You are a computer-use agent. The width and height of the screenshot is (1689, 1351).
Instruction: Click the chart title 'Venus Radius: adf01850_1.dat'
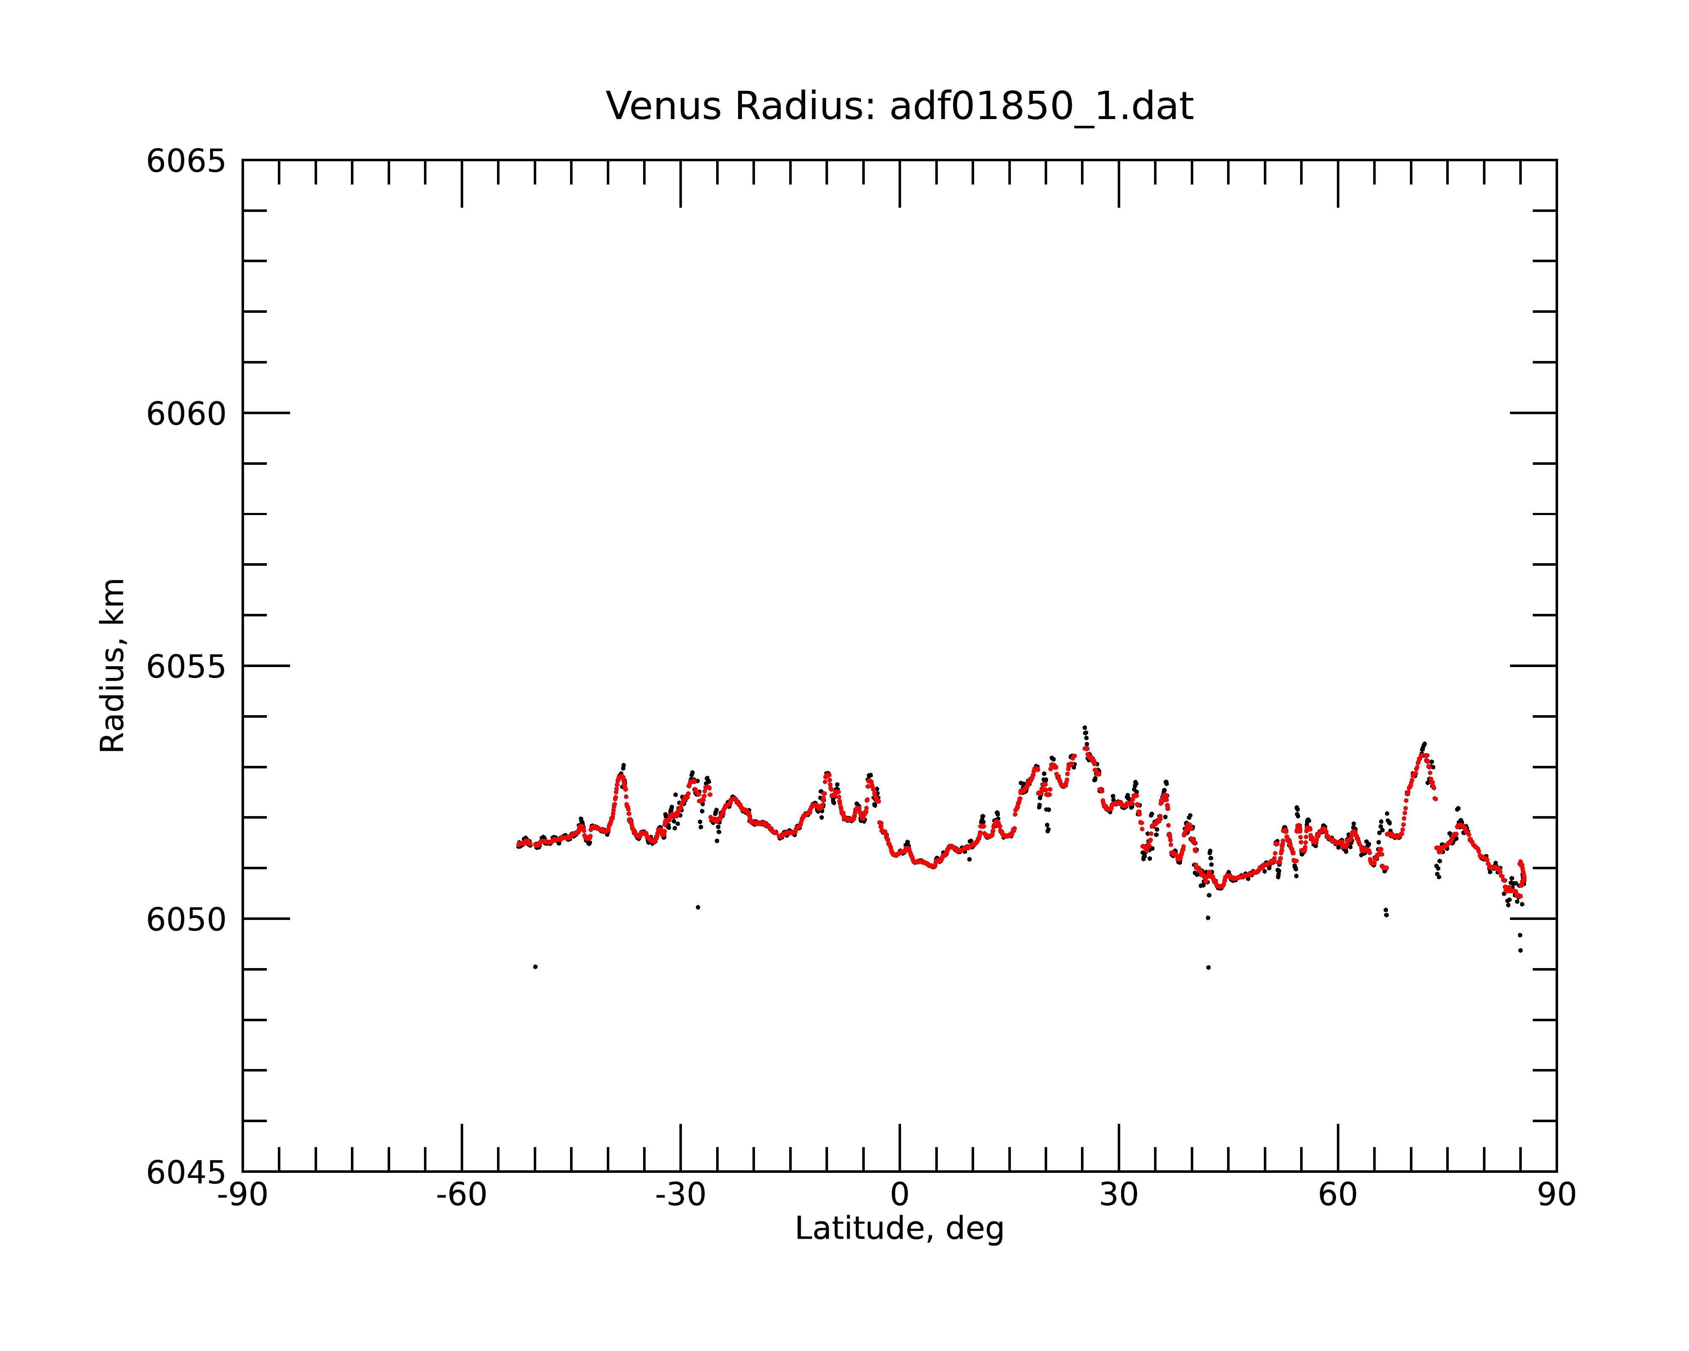point(899,106)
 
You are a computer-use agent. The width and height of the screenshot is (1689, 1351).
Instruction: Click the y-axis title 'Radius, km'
point(112,666)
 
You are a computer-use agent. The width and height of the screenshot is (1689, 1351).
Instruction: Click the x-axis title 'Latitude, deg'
point(899,1228)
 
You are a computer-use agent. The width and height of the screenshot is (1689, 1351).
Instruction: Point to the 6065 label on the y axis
point(186,161)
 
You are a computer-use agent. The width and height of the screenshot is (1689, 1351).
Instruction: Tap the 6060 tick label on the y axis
point(186,413)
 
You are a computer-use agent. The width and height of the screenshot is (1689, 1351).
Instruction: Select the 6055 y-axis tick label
point(186,667)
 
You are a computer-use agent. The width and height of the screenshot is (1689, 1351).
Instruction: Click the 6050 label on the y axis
point(186,920)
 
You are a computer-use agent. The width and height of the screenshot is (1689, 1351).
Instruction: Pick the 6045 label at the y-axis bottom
point(186,1172)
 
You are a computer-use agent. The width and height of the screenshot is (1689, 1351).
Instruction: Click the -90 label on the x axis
point(243,1195)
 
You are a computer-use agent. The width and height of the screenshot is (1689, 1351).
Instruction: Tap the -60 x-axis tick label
point(462,1195)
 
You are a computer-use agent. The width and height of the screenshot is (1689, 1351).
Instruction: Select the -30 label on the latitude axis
point(681,1195)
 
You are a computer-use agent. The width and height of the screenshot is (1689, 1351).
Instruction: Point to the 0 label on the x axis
point(899,1195)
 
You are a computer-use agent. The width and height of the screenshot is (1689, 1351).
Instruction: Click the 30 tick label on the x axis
point(1119,1195)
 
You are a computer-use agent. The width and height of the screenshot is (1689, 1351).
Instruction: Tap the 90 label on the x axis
point(1556,1195)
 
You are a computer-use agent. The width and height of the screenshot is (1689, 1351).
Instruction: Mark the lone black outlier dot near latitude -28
point(698,907)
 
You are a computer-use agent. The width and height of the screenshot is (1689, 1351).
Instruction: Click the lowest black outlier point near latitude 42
point(1209,967)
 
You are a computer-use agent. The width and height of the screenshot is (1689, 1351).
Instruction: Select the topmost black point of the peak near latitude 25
point(1084,727)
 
